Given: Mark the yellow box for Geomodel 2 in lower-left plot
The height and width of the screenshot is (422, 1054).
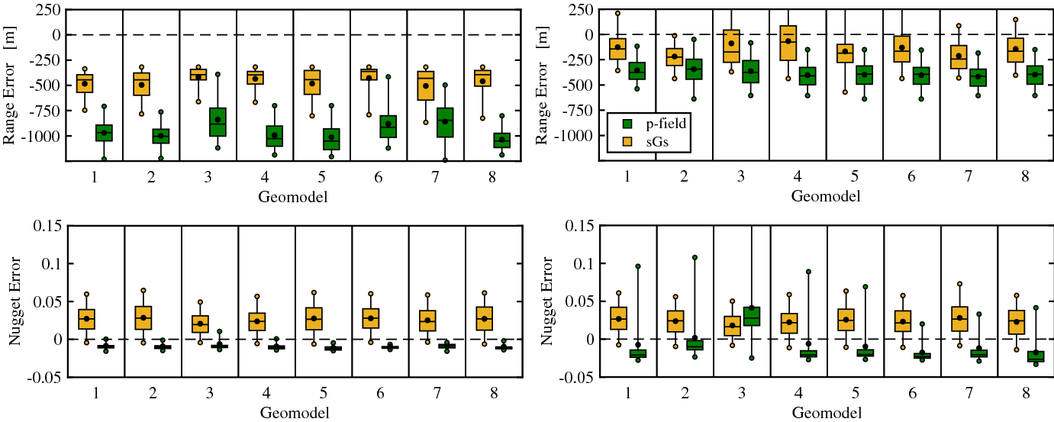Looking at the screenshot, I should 141,317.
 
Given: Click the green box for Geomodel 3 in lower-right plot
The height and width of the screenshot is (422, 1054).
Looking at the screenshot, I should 752,316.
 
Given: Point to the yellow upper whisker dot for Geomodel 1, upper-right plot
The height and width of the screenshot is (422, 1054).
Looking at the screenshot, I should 617,13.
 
